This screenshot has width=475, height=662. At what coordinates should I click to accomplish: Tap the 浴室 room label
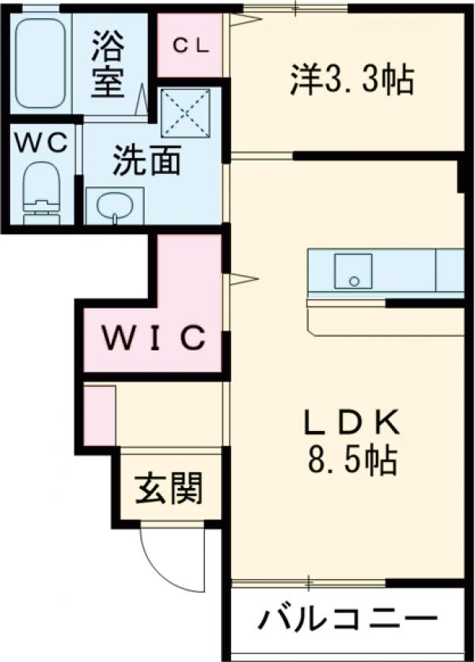point(108,62)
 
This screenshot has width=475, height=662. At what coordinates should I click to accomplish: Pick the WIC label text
point(157,339)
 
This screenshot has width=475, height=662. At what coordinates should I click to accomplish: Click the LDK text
point(351,425)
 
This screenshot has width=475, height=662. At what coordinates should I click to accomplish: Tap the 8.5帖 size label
point(351,460)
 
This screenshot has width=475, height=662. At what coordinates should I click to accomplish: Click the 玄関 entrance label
point(168,488)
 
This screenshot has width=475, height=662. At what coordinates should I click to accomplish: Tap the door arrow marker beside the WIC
point(242,278)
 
